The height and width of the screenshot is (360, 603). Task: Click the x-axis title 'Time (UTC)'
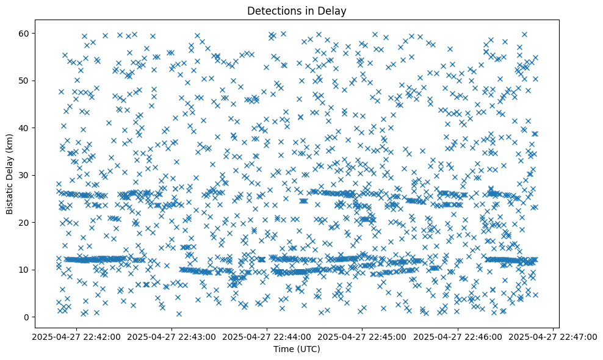pyautogui.click(x=296, y=350)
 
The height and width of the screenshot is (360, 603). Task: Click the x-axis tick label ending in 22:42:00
pyautogui.click(x=77, y=337)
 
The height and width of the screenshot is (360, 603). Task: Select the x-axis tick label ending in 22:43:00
pyautogui.click(x=172, y=337)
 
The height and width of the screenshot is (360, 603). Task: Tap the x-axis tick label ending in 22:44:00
pyautogui.click(x=267, y=337)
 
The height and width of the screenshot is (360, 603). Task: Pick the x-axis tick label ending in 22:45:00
pyautogui.click(x=363, y=337)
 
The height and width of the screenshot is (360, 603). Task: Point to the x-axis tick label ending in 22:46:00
pyautogui.click(x=458, y=337)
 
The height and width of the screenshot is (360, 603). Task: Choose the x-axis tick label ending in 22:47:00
pyautogui.click(x=553, y=337)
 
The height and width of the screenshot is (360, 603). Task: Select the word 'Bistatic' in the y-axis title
pyautogui.click(x=10, y=195)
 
